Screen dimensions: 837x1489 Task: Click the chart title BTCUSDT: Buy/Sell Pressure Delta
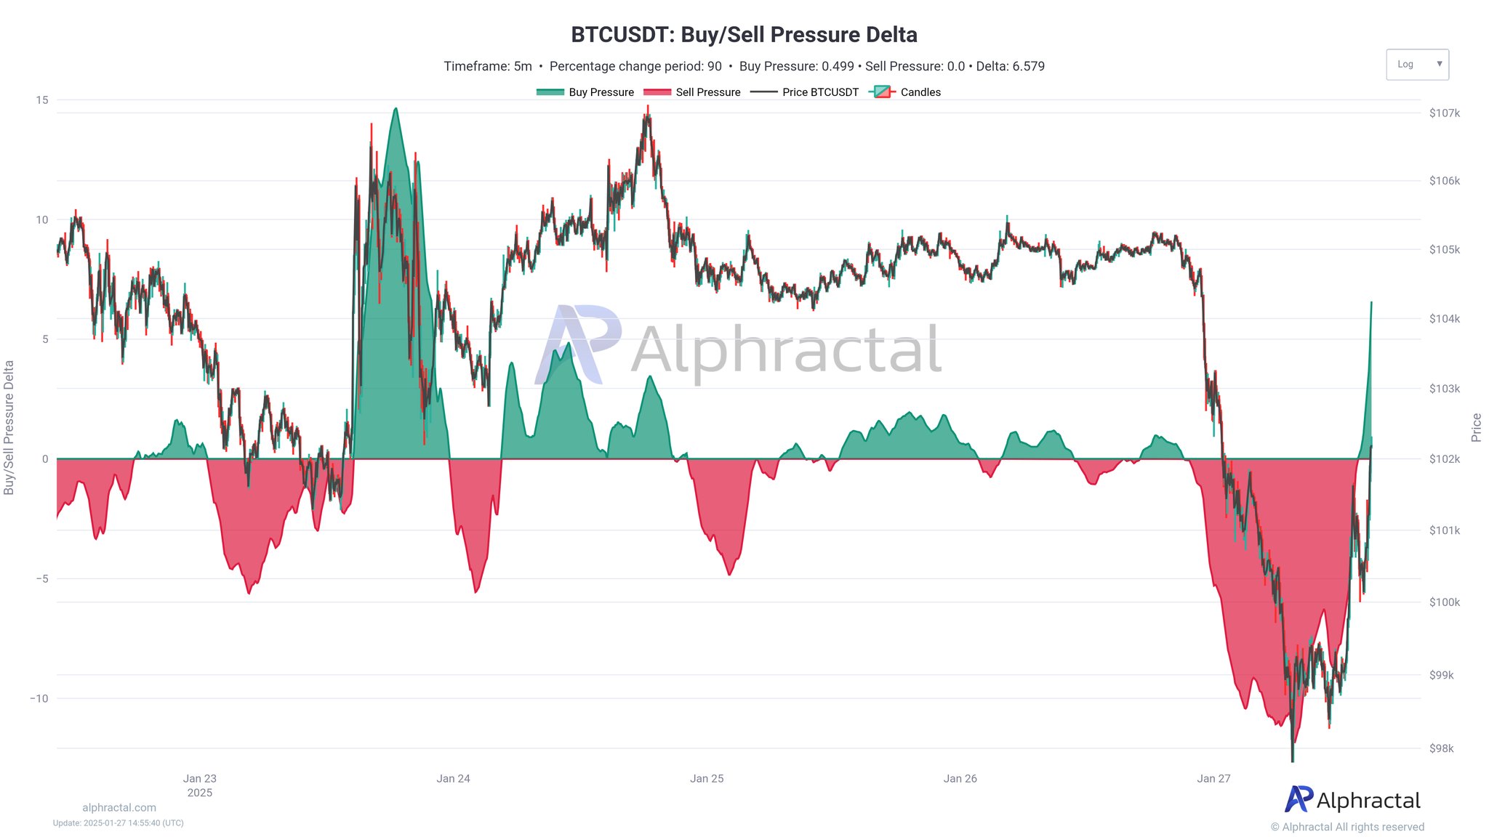[x=744, y=35]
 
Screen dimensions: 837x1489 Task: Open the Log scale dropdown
[x=1417, y=65]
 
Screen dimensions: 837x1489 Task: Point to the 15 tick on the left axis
[x=42, y=100]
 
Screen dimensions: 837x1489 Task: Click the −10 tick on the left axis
[x=39, y=699]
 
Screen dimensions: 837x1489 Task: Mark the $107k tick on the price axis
[x=1444, y=113]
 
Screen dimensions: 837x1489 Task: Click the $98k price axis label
[x=1441, y=748]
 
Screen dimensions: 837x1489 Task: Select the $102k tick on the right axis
[x=1444, y=459]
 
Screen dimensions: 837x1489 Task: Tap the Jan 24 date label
[x=453, y=779]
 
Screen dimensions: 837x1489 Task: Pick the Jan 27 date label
[x=1213, y=779]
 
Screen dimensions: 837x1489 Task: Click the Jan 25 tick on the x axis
[x=707, y=779]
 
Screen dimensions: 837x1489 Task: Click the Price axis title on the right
[x=1476, y=427]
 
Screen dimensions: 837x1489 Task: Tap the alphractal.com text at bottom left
[x=119, y=808]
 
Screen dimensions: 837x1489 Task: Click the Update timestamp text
[x=119, y=823]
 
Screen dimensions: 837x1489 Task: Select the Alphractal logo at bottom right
[x=1352, y=800]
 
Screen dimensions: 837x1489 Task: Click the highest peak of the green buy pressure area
[x=396, y=109]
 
